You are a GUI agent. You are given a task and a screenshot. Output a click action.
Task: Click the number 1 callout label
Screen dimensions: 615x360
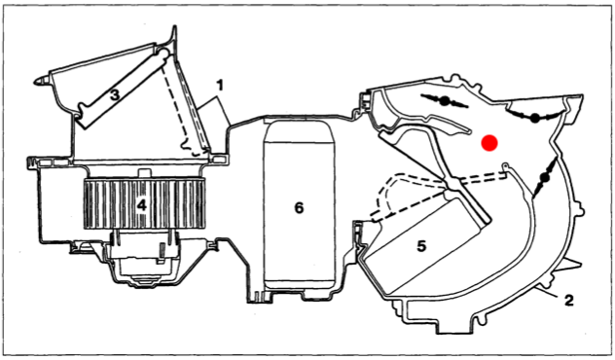pos(220,85)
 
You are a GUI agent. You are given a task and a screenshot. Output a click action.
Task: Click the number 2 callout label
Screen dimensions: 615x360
pos(568,301)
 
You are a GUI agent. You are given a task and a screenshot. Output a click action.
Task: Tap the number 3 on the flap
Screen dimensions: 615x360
pos(114,95)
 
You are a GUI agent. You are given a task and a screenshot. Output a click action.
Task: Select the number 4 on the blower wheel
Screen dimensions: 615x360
pos(141,204)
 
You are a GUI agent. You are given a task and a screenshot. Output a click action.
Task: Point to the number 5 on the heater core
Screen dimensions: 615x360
pos(421,246)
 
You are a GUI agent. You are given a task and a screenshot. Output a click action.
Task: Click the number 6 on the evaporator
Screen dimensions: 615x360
pos(299,208)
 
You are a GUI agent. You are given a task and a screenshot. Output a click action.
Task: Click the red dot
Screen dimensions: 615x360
pos(489,143)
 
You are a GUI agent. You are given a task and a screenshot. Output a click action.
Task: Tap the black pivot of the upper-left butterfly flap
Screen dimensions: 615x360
pos(445,101)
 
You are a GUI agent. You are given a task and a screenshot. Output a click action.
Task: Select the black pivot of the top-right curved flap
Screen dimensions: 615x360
pos(534,118)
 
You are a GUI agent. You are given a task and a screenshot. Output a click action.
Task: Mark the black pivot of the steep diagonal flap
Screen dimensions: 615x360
pos(544,178)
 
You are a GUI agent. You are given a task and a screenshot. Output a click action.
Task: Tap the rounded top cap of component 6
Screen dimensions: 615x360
pos(299,131)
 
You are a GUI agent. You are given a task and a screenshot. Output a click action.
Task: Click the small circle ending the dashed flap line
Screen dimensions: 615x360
pos(505,166)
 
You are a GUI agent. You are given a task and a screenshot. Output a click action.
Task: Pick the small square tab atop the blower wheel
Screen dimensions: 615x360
pos(144,173)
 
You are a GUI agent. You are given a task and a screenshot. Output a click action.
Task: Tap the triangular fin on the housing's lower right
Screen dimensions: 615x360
pos(573,265)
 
